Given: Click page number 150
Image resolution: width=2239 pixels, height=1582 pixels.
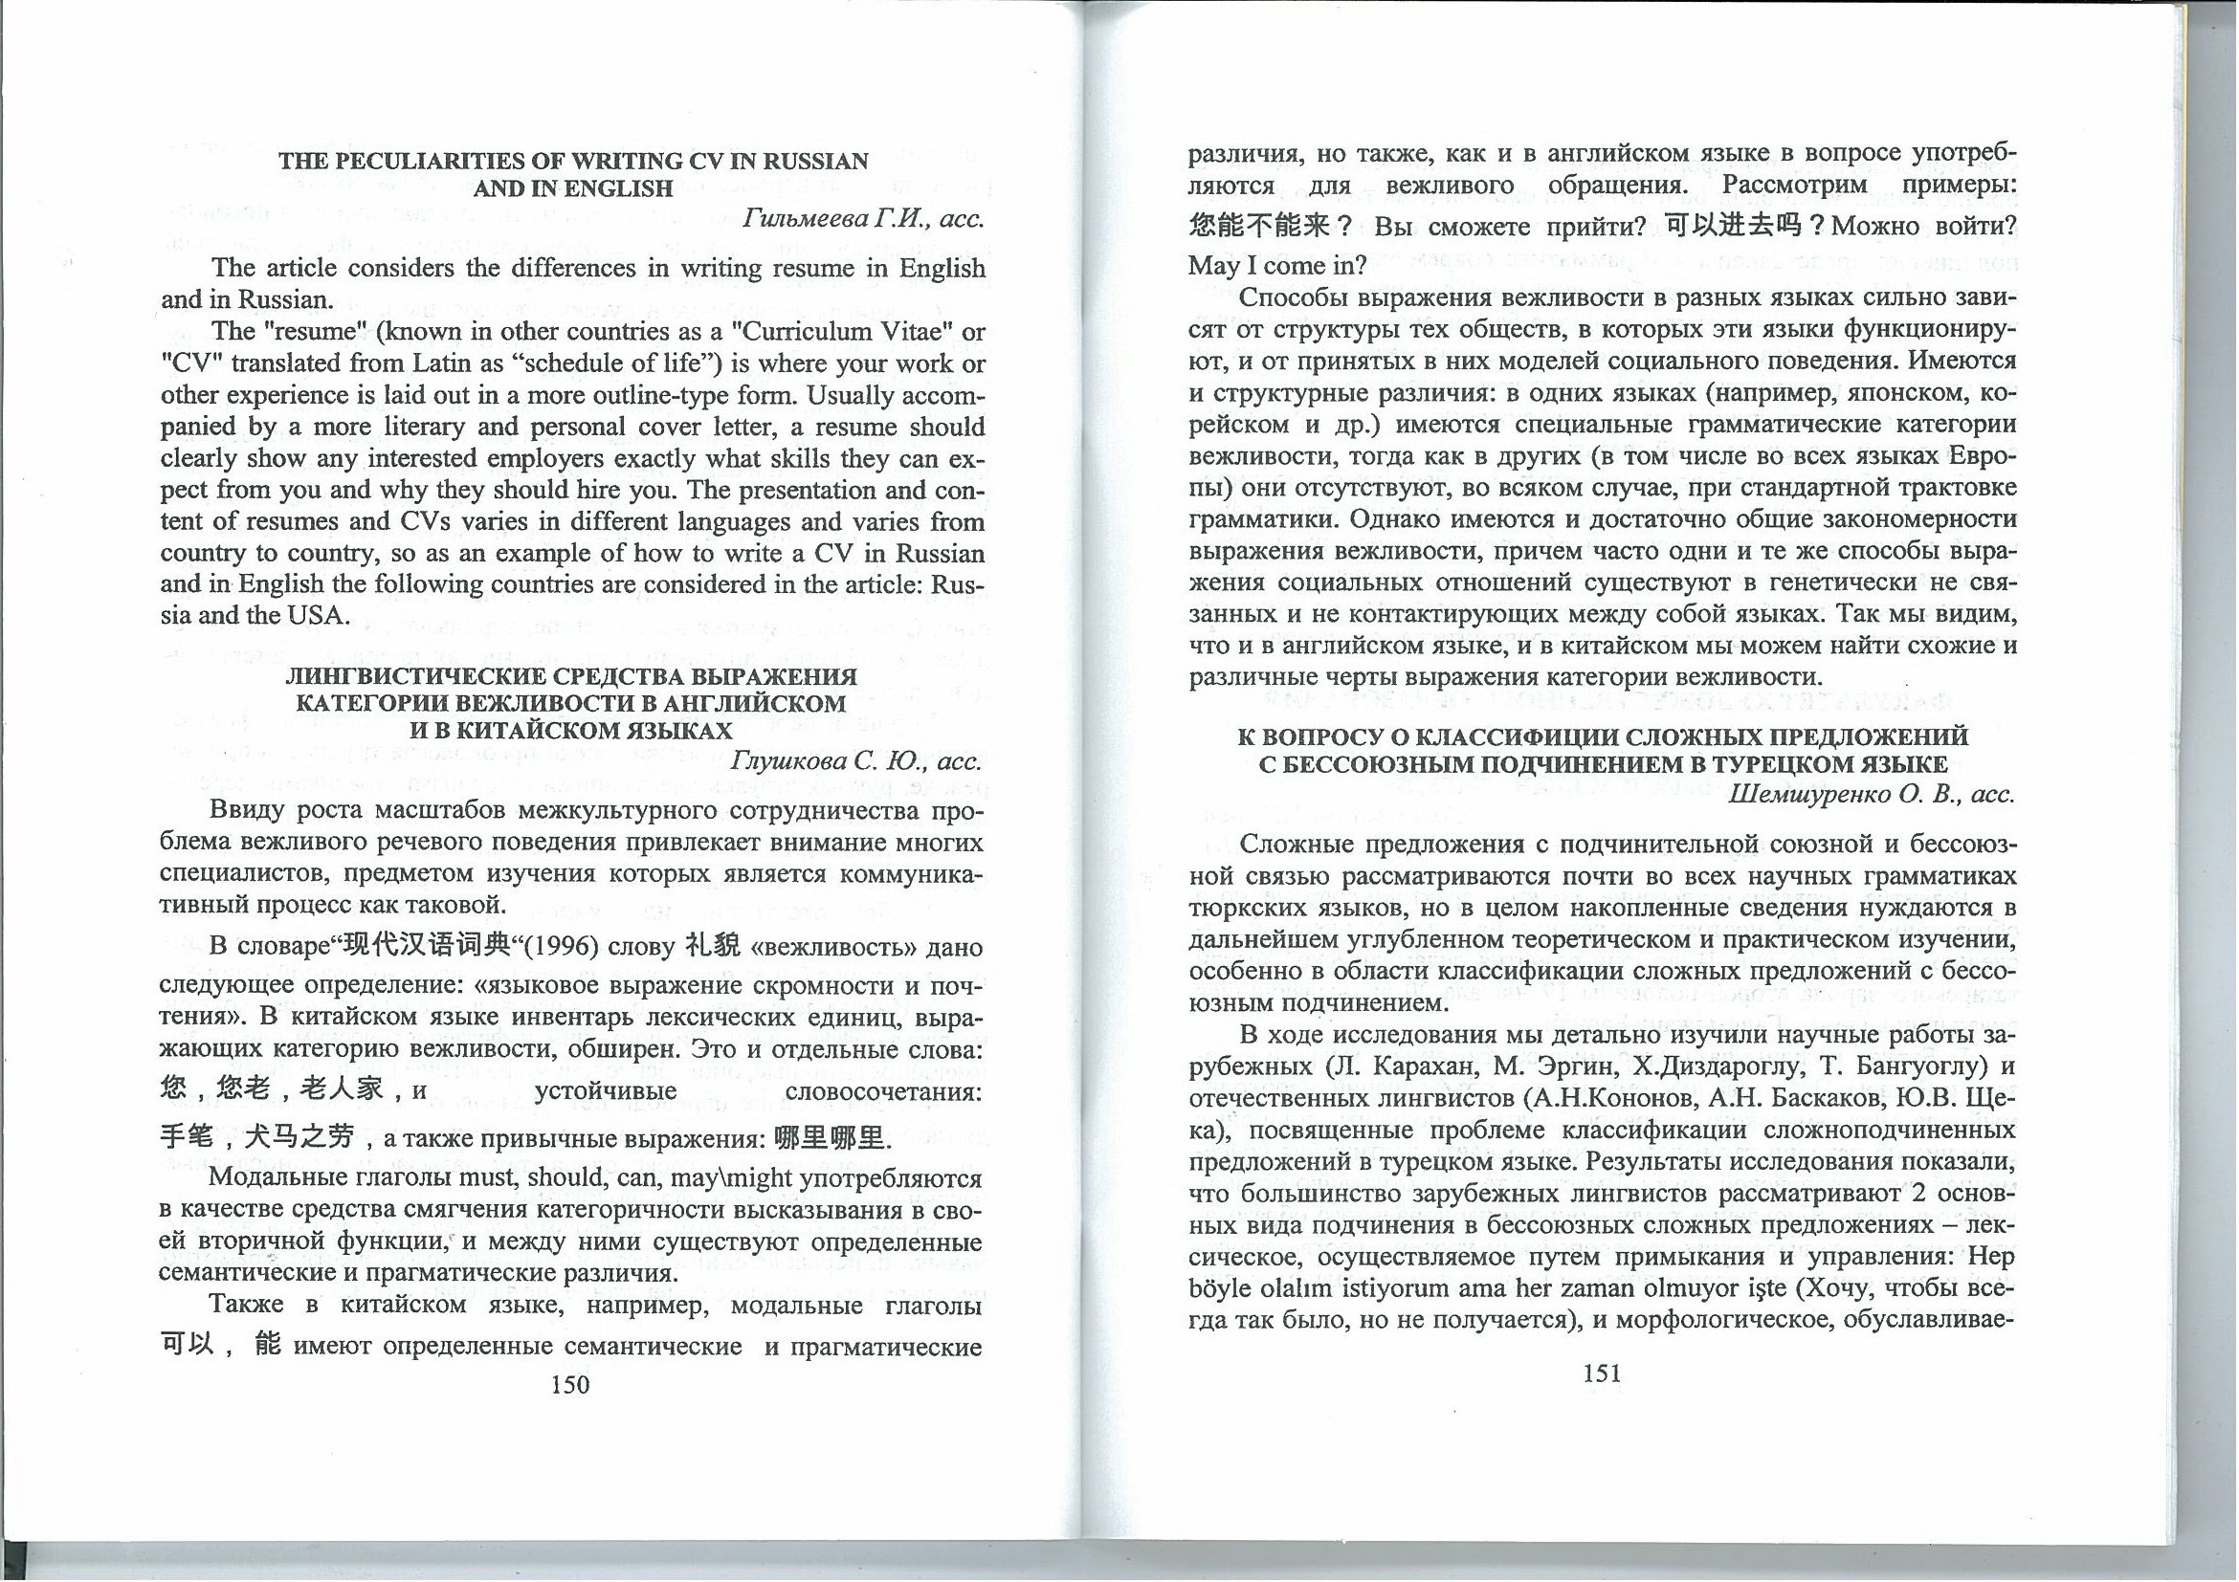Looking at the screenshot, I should coord(569,1385).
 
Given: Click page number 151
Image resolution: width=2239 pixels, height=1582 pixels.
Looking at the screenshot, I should coord(1602,1373).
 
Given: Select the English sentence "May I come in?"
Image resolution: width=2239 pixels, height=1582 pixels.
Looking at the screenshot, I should coord(1264,265).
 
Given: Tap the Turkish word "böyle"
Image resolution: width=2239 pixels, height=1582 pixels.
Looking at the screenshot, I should coord(1218,1289).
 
